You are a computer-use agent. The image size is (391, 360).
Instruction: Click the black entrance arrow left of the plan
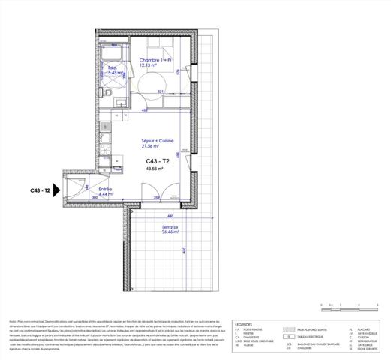[x=56, y=190]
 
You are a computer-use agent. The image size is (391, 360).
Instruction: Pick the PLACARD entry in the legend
[x=364, y=328]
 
